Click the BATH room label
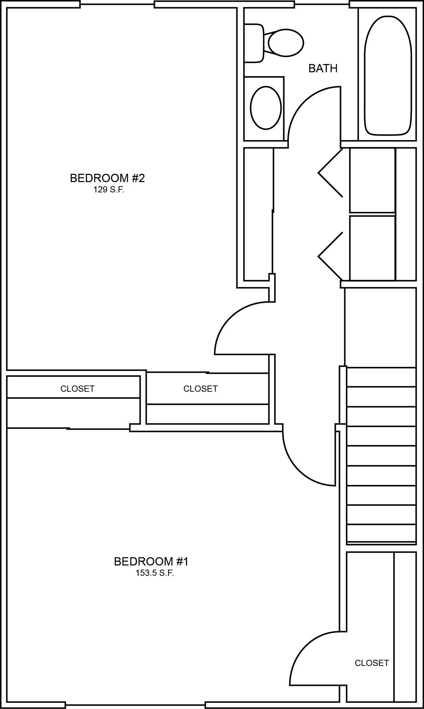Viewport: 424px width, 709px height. click(x=322, y=68)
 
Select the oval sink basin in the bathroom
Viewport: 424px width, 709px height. click(x=266, y=108)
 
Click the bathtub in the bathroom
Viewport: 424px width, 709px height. click(x=388, y=76)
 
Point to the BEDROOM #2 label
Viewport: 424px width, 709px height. click(x=107, y=178)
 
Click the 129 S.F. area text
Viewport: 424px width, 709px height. click(x=108, y=190)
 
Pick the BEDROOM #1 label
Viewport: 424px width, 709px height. click(x=151, y=562)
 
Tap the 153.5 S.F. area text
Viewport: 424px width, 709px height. click(x=155, y=573)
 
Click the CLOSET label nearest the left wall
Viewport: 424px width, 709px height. click(x=77, y=389)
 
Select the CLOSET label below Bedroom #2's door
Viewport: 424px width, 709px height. click(x=200, y=389)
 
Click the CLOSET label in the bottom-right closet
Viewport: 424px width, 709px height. click(x=372, y=663)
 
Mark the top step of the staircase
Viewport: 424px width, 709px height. click(x=381, y=377)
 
